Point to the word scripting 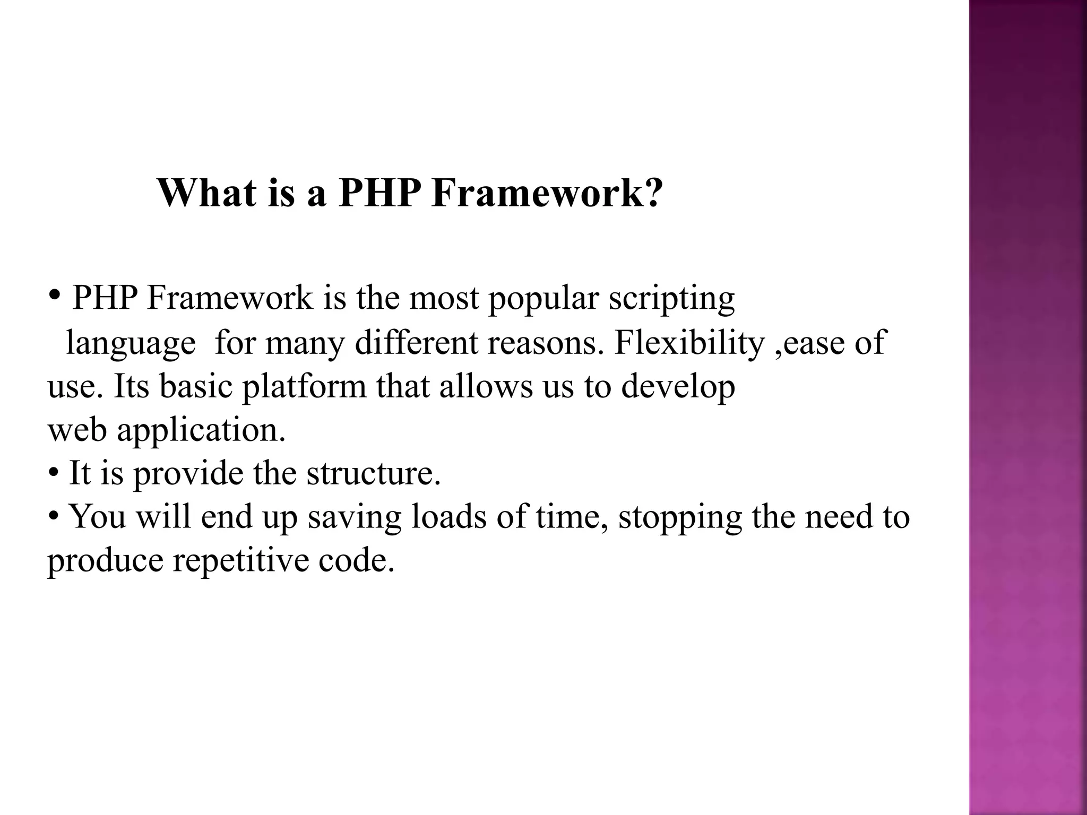tap(671, 299)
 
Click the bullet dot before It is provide tap(53, 472)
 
